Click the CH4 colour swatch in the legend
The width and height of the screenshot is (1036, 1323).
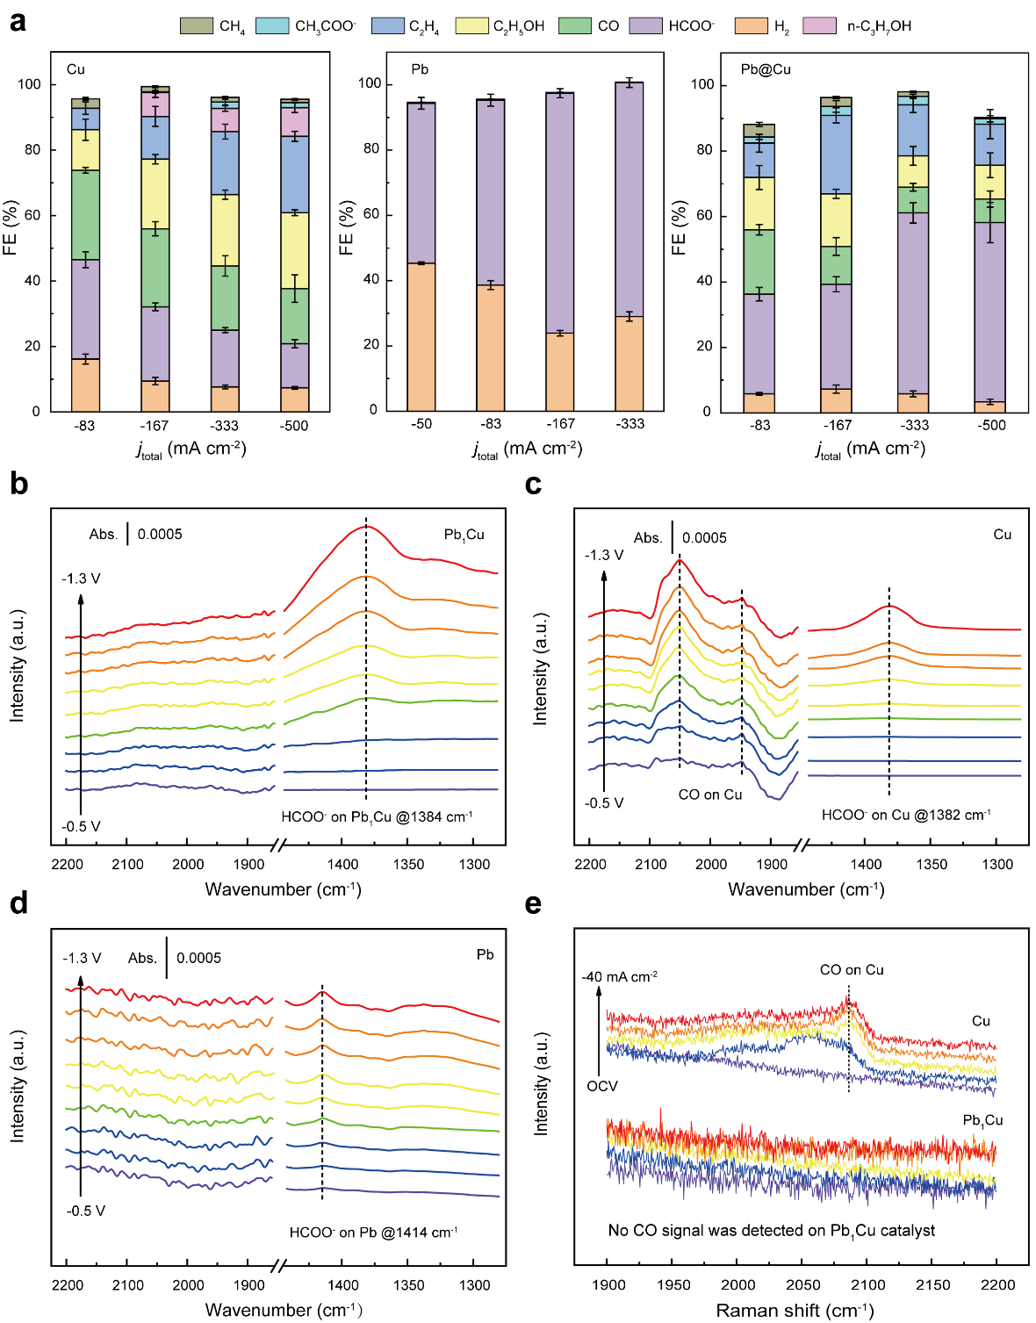tap(196, 25)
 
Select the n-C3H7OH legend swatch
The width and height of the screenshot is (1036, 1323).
tap(820, 25)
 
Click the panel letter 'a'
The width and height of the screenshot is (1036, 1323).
tap(17, 21)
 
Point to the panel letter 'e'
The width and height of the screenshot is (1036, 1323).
tap(533, 903)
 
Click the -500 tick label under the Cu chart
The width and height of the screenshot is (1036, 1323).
tap(294, 426)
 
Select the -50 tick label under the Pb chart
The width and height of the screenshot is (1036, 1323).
tap(421, 424)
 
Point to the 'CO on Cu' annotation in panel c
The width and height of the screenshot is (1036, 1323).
tap(710, 795)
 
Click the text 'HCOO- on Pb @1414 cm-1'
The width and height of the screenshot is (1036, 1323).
tap(373, 1233)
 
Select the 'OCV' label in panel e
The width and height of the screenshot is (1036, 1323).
tap(602, 1086)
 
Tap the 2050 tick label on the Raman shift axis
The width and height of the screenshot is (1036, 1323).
tap(802, 1285)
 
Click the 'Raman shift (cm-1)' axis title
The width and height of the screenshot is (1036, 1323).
tap(795, 1311)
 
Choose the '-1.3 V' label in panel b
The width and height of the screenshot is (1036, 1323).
tap(81, 579)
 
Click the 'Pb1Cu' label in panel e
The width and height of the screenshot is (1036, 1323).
tap(982, 1121)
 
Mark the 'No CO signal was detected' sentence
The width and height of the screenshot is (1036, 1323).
tap(771, 1231)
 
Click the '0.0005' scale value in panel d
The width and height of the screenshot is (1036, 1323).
tap(198, 958)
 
